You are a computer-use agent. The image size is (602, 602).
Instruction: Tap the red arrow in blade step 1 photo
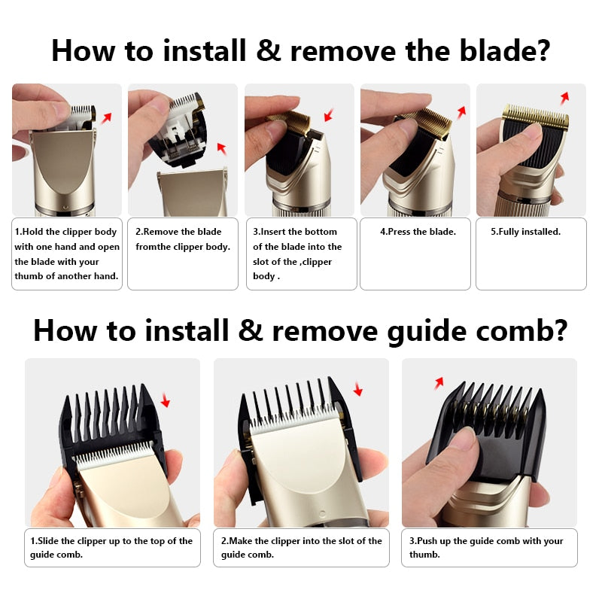[106, 117]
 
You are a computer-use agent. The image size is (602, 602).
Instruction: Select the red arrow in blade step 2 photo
[220, 147]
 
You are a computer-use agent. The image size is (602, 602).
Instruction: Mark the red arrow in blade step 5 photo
[564, 97]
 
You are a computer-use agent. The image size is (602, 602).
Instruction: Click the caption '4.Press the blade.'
[418, 232]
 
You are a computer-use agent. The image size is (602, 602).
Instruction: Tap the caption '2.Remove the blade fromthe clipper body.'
[183, 239]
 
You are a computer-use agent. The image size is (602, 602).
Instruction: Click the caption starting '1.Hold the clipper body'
[67, 254]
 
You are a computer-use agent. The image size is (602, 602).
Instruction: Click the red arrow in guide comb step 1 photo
[165, 403]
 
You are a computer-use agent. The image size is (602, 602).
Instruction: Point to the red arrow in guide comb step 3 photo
[439, 383]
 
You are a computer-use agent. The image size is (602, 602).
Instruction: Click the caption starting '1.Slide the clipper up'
[111, 547]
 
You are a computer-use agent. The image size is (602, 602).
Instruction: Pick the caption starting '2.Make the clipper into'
[301, 547]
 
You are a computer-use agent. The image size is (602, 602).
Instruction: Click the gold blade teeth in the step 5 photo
[535, 117]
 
